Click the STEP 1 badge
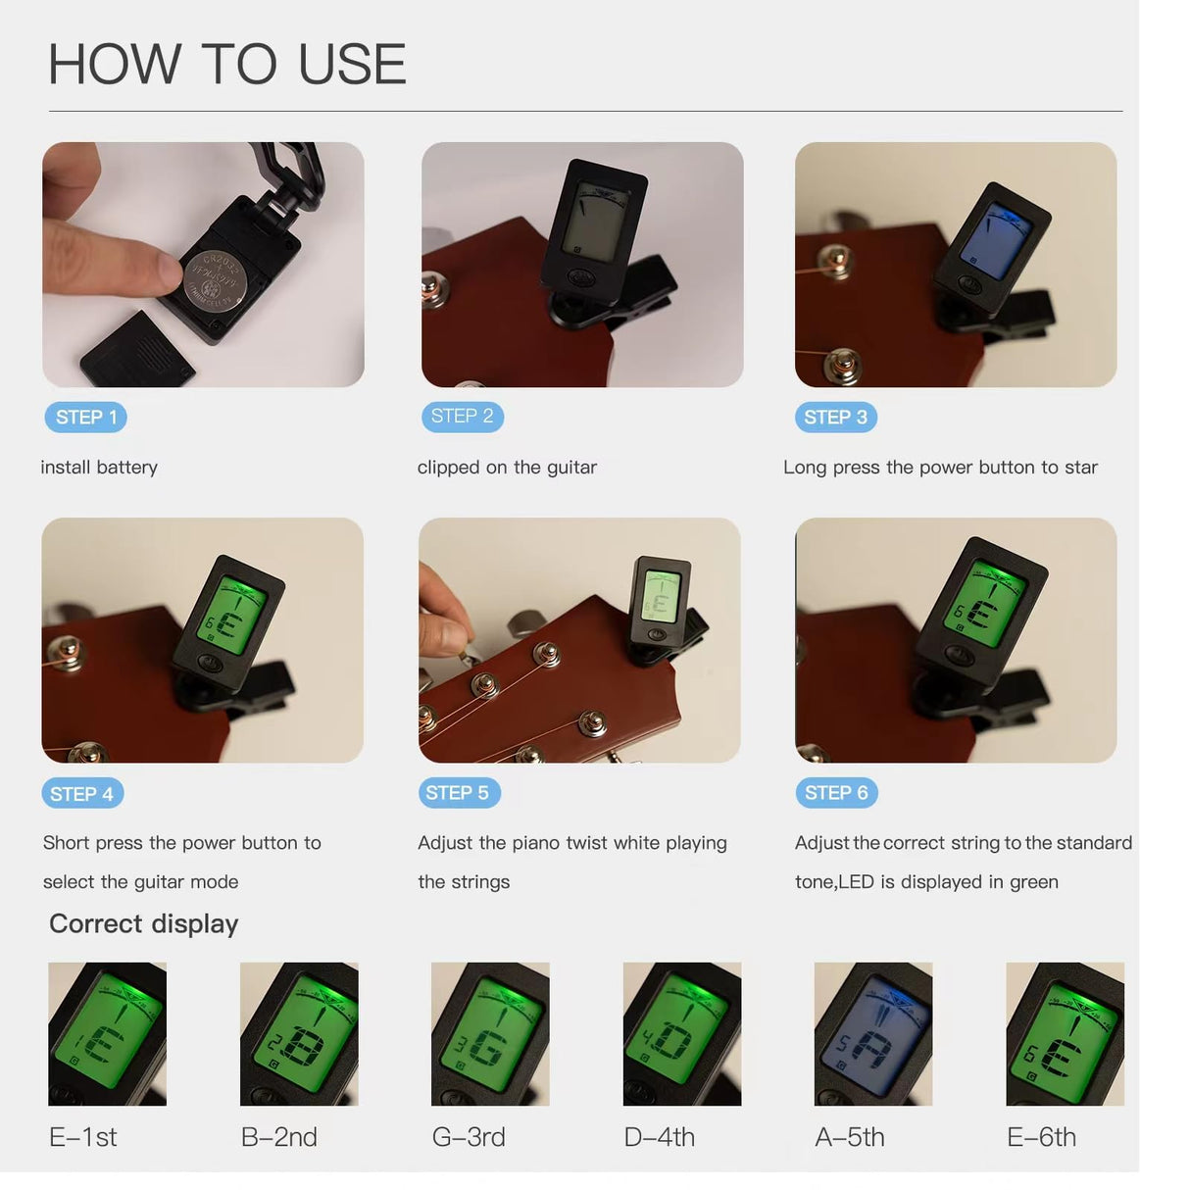point(86,418)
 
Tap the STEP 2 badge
point(463,417)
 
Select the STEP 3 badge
point(835,418)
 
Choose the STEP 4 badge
point(82,794)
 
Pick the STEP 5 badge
point(460,793)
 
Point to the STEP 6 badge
point(837,793)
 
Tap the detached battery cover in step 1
point(137,351)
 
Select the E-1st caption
point(82,1137)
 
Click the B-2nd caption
point(279,1137)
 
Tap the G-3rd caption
point(469,1137)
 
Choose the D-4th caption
point(660,1137)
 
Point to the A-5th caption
point(850,1137)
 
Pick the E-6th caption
point(1041,1137)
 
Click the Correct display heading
point(144,924)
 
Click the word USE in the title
point(352,64)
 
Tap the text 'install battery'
point(99,468)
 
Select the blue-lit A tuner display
point(873,1033)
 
